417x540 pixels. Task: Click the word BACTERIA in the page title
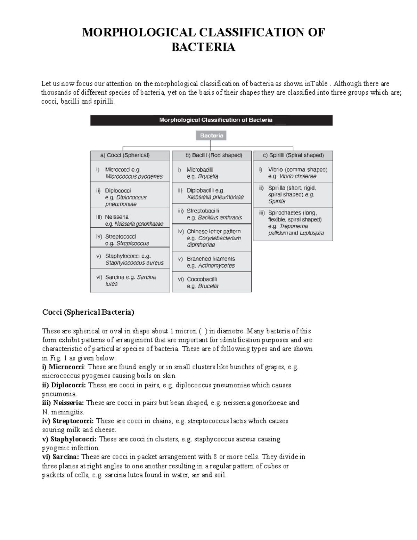click(x=203, y=47)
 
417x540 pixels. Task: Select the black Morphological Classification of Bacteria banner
click(x=211, y=120)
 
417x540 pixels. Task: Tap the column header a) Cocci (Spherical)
click(x=130, y=155)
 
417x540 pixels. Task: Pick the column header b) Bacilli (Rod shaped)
click(x=212, y=155)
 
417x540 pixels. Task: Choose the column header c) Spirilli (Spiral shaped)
click(x=293, y=155)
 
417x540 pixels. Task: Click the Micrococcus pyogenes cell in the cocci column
click(x=130, y=173)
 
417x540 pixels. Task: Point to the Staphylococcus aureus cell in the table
click(x=130, y=259)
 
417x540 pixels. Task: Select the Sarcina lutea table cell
click(x=130, y=280)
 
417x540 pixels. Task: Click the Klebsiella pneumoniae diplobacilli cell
click(x=212, y=194)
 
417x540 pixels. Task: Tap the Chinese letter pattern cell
click(x=212, y=238)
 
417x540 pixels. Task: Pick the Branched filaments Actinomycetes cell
click(x=212, y=262)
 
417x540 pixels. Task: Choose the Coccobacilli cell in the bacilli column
click(x=212, y=282)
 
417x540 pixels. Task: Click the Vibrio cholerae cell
click(x=293, y=173)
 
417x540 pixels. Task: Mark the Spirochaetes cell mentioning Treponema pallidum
click(x=293, y=223)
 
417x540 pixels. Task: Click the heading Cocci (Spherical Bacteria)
click(x=88, y=312)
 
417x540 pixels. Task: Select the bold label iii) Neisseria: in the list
click(x=63, y=403)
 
